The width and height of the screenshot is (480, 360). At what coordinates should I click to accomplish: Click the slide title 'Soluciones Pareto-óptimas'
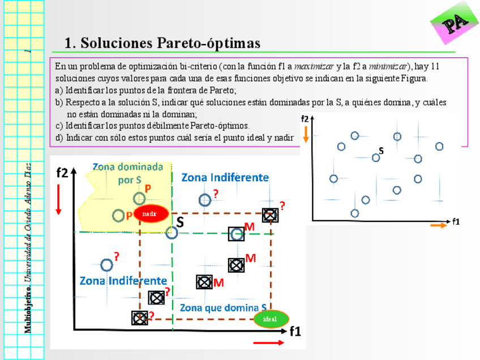162,43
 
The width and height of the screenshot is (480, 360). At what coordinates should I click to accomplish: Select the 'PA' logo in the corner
455,25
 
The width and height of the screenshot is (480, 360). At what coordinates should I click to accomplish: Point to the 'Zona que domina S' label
223,308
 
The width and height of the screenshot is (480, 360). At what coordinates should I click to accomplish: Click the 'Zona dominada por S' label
128,173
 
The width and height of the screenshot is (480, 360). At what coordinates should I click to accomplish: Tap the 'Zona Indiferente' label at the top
225,177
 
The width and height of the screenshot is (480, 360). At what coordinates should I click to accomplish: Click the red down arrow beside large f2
58,201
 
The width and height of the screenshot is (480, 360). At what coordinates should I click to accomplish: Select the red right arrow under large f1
269,343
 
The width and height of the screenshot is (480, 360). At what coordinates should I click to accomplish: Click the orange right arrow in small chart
439,225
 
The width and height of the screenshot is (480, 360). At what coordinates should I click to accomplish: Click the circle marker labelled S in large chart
172,232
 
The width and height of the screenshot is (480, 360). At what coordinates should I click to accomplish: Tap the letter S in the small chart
381,151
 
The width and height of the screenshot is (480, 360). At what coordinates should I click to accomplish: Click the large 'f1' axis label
295,332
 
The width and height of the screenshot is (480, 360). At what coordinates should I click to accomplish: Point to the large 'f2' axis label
62,173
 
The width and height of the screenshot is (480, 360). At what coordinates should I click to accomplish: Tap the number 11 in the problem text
435,66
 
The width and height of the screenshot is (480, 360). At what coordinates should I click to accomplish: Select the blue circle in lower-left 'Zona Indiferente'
106,264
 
